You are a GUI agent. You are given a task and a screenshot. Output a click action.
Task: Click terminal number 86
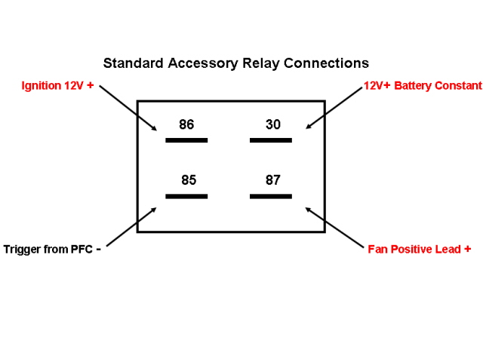tap(186, 124)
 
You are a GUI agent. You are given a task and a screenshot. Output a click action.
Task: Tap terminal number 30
tap(273, 124)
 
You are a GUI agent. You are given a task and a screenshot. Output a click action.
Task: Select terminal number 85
tap(189, 181)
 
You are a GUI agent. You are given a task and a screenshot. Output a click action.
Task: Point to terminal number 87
tap(273, 181)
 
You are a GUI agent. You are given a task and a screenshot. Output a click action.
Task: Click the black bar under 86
tap(186, 140)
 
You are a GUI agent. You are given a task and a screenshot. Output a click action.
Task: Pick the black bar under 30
tap(271, 140)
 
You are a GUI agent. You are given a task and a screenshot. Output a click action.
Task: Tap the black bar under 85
tap(186, 196)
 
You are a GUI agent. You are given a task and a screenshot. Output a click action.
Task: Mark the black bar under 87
tap(271, 196)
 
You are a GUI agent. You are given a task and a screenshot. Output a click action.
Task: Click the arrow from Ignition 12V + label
tap(128, 107)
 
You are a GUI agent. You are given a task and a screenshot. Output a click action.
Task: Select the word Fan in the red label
tap(377, 249)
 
